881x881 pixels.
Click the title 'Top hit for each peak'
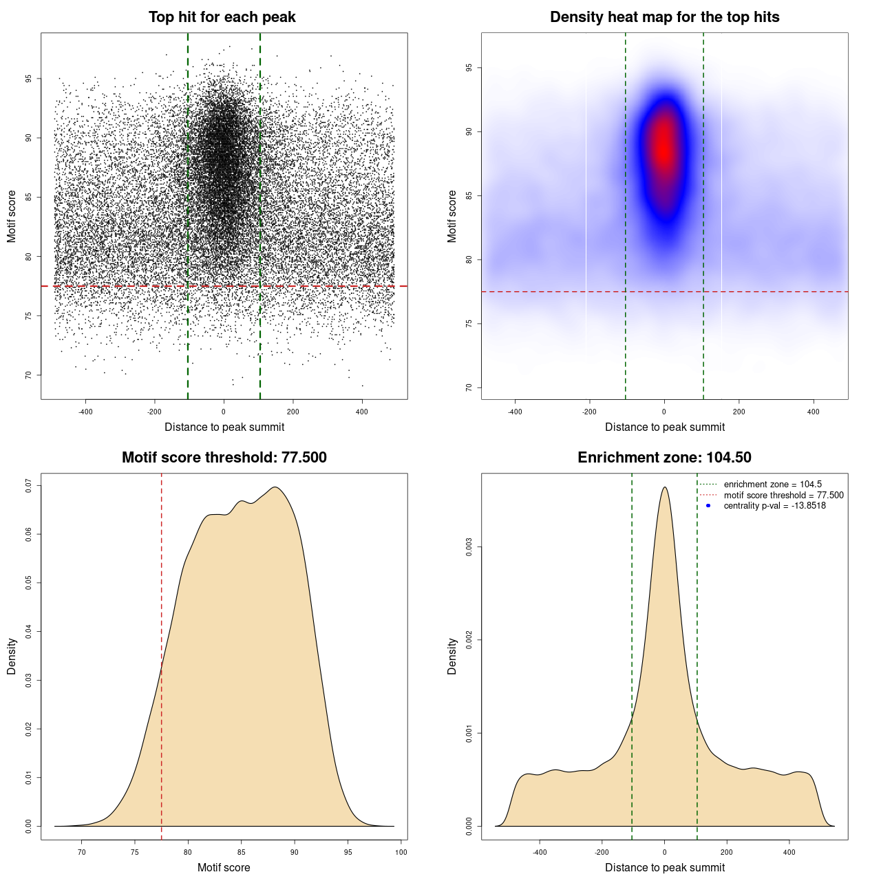[222, 17]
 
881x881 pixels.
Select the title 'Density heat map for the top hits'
[664, 17]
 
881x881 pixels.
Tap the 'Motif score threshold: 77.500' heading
[224, 458]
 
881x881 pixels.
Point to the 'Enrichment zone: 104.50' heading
[664, 458]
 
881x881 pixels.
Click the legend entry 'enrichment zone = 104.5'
[772, 485]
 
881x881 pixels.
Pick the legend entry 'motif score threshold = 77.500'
[783, 495]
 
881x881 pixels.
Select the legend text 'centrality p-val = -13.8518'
[774, 506]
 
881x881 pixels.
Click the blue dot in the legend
[708, 506]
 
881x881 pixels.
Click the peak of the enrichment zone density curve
[664, 487]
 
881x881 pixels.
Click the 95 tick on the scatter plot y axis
[29, 78]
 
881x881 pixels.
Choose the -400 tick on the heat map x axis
[515, 412]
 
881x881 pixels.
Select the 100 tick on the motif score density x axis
[401, 852]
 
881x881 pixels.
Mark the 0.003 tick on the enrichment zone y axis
[469, 547]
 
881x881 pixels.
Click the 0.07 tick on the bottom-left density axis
[29, 486]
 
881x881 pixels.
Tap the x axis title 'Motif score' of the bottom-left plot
[224, 867]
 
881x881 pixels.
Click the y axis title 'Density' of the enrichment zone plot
[452, 656]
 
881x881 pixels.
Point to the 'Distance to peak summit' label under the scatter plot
[224, 427]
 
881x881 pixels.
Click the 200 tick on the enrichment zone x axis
[727, 852]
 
